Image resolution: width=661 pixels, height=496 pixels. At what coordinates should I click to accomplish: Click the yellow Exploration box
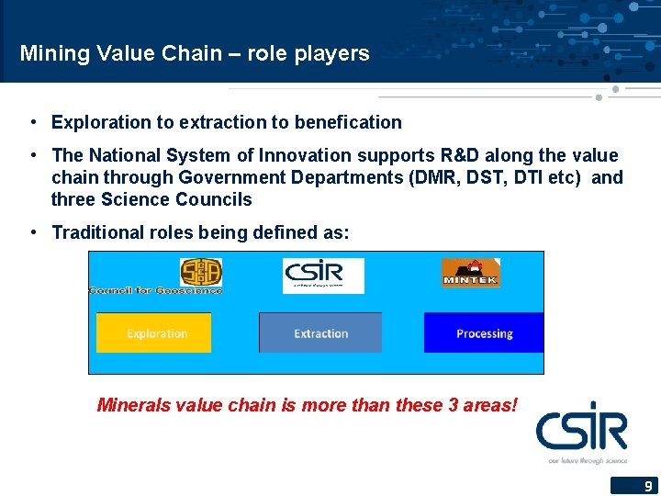[x=153, y=333]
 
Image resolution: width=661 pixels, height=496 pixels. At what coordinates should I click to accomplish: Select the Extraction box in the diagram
[x=320, y=333]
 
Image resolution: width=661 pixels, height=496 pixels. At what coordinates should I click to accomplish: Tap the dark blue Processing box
[x=484, y=333]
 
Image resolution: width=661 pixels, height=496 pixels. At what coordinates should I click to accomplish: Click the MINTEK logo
[x=470, y=273]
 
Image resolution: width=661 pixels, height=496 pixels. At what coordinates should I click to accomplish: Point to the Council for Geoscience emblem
[x=200, y=272]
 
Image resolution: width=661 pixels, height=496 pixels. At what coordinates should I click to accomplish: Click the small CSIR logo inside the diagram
[x=323, y=276]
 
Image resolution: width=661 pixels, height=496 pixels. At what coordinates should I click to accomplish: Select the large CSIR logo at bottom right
[x=582, y=428]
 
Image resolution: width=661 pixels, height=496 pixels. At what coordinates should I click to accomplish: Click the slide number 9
[x=647, y=486]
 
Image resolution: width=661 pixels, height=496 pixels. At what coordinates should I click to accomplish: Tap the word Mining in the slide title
[x=52, y=53]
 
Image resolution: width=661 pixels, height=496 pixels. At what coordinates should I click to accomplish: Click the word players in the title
[x=331, y=53]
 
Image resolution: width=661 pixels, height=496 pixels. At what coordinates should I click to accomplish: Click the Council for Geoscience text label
[x=155, y=290]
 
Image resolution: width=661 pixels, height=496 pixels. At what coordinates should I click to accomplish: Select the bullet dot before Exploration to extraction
[x=32, y=122]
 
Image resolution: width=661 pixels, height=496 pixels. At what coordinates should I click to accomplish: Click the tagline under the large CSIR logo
[x=588, y=459]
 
